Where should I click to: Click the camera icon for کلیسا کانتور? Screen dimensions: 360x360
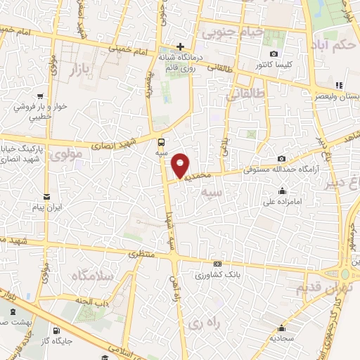click(274, 54)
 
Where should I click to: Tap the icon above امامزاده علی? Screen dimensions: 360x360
click(282, 190)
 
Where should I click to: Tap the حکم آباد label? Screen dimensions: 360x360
click(335, 46)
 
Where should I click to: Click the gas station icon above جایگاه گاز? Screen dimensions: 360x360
click(55, 330)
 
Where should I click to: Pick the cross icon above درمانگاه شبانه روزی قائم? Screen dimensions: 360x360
click(181, 46)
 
